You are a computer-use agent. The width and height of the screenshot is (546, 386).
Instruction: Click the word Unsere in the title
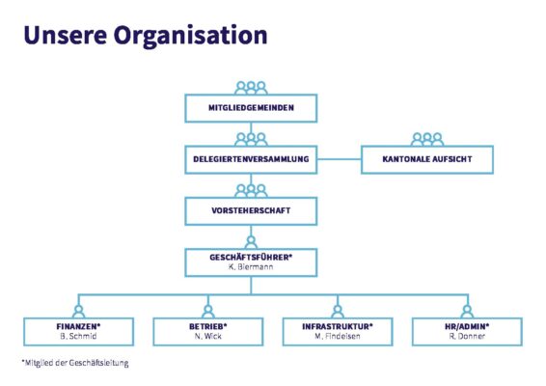[x=66, y=35]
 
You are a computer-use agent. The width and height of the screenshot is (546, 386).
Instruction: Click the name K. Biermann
[x=251, y=267]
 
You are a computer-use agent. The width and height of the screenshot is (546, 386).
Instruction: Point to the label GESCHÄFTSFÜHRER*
[x=251, y=257]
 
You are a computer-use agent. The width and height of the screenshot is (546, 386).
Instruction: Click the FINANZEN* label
[x=78, y=326]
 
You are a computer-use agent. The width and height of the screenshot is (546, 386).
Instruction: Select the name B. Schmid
[x=78, y=336]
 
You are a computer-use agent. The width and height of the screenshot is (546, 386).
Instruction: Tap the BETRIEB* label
[x=207, y=326]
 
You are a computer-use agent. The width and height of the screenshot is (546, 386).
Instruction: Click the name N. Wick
[x=207, y=336]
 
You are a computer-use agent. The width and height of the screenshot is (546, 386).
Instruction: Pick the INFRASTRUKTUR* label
[x=338, y=326]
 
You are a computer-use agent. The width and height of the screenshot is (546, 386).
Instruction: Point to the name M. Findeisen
[x=338, y=336]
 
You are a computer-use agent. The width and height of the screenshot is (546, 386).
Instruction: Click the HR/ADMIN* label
[x=467, y=326]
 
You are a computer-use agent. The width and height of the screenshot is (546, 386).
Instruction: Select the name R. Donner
[x=467, y=336]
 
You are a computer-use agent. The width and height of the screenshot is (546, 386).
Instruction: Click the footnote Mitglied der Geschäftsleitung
[x=75, y=363]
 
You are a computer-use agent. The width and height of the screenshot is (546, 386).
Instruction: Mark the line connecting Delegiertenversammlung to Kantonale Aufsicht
[x=340, y=159]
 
